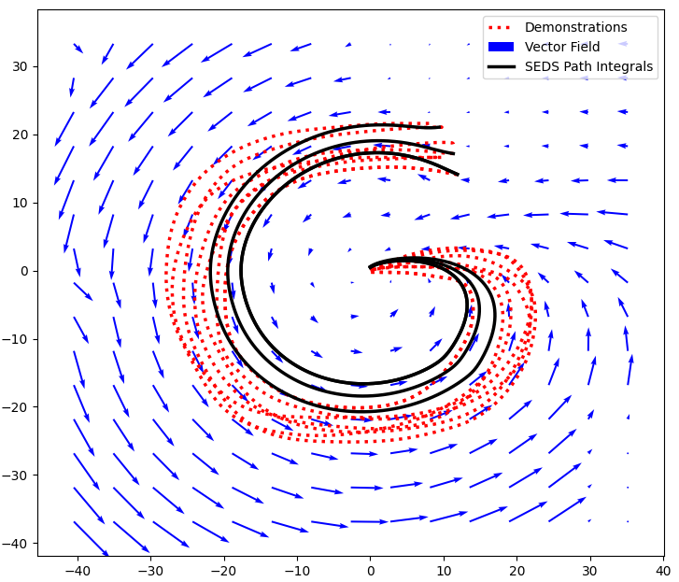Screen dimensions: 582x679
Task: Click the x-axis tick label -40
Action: [77, 571]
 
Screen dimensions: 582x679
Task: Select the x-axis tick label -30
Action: [149, 571]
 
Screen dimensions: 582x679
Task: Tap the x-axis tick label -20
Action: [223, 571]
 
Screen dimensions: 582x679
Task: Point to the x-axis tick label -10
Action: [296, 571]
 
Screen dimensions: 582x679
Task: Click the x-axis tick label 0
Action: [370, 571]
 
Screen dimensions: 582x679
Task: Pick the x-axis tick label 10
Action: [443, 571]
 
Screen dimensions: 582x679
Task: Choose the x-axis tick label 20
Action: [516, 571]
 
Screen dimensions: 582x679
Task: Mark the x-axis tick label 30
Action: [589, 571]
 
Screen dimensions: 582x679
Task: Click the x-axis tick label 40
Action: [662, 571]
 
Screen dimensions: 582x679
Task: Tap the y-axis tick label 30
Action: [21, 66]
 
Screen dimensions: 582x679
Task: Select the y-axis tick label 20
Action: [21, 135]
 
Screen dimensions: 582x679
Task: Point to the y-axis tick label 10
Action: [21, 203]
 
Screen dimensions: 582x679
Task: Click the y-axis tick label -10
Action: [16, 339]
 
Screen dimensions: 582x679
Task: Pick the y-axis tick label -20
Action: [16, 407]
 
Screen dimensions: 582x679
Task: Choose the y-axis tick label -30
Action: [16, 476]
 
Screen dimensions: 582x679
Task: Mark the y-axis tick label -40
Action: [16, 544]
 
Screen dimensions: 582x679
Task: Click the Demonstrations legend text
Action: [575, 28]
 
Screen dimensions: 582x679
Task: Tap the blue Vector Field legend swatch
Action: [502, 47]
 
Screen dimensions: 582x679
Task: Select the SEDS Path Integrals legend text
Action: [588, 67]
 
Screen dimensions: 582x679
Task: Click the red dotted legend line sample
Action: [502, 28]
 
